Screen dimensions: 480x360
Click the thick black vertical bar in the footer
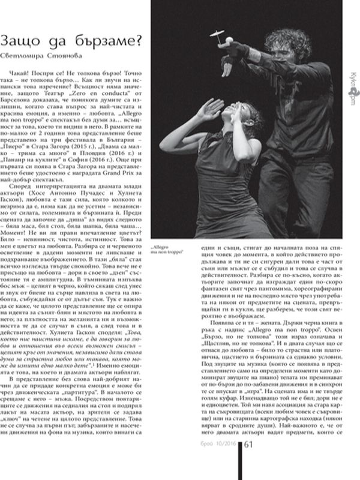tap(241, 461)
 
